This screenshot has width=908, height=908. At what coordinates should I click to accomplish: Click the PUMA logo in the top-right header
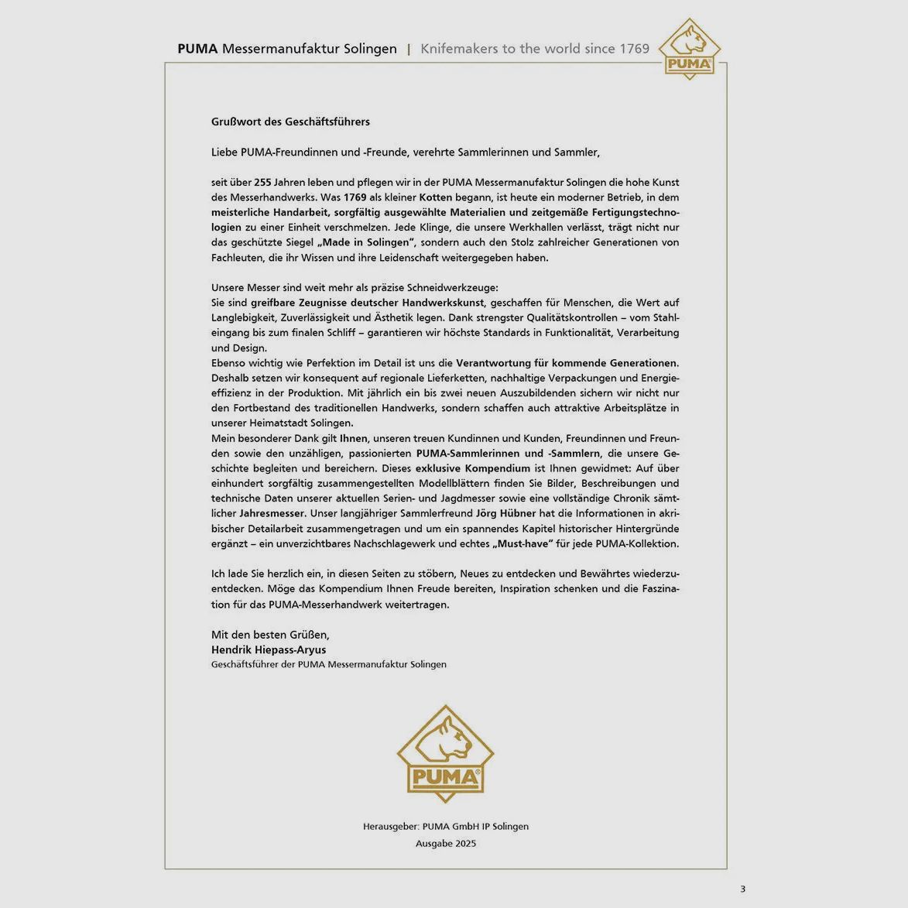pos(689,50)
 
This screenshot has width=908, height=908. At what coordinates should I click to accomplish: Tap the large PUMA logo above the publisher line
pos(445,754)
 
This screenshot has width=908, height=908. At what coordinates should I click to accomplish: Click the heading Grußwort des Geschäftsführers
pos(290,122)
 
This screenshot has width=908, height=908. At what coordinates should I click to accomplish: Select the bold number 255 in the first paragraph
pos(262,183)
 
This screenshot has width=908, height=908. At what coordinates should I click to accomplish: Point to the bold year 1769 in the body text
pos(355,197)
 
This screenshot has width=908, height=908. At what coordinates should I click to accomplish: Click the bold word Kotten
pos(435,197)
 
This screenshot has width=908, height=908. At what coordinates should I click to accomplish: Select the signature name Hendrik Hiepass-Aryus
pos(269,650)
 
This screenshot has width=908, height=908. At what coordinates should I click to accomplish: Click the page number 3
pos(742,889)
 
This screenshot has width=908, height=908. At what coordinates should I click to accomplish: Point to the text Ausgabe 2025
pos(446,844)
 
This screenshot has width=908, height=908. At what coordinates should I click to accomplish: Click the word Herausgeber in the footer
pos(390,827)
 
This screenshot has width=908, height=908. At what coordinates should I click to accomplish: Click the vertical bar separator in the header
pos(409,49)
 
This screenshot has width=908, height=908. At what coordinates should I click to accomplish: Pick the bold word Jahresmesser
pos(272,513)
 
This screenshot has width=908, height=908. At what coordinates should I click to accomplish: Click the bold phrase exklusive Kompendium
pos(472,468)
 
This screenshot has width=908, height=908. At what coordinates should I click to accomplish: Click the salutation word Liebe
pos(224,152)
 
